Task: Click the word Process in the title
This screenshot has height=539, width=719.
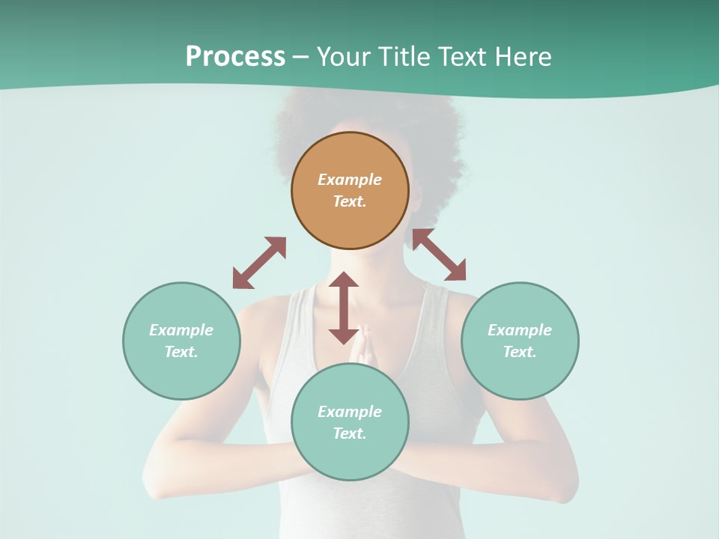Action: (235, 57)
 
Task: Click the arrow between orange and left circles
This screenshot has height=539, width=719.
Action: (259, 263)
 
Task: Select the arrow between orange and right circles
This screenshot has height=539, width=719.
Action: (439, 255)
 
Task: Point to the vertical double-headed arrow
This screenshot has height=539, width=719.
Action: (344, 308)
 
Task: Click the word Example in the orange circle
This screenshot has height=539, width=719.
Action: (350, 180)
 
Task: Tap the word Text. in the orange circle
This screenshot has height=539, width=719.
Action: (350, 201)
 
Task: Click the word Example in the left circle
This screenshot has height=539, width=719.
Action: (181, 330)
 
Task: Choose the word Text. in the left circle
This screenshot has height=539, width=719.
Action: (181, 352)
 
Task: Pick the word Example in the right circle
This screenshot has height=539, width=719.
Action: (520, 330)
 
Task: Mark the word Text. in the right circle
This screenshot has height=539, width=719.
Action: (520, 352)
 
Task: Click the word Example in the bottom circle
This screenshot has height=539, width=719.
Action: (350, 412)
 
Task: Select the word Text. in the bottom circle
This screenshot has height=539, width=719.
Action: (350, 433)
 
